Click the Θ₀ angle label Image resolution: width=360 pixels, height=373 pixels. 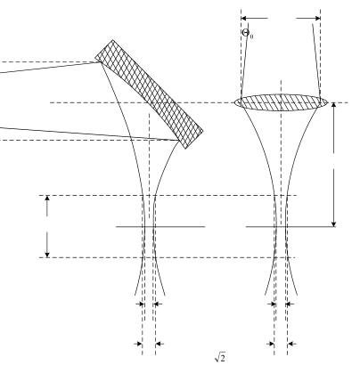click(248, 33)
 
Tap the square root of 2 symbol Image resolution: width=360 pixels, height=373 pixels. click(220, 357)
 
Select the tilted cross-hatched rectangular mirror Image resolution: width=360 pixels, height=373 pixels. click(149, 94)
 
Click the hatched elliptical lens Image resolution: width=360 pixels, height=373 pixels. click(281, 102)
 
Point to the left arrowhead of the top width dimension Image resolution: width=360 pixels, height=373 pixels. click(244, 18)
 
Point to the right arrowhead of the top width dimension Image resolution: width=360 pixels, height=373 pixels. click(317, 18)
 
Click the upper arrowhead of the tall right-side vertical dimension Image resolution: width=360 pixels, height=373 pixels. click(334, 106)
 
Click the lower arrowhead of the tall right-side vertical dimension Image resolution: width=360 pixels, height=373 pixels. click(334, 223)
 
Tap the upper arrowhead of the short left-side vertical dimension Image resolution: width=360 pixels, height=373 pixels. click(47, 199)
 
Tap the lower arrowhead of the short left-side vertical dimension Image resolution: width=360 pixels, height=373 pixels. click(47, 254)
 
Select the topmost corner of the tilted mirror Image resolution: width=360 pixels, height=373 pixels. click(112, 40)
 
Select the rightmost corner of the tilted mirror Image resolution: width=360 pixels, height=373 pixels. click(203, 131)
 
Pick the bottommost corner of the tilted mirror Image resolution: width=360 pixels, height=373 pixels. click(185, 149)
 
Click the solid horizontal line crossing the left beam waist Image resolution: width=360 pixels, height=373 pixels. click(160, 227)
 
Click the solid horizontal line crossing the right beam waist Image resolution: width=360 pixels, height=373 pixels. click(290, 227)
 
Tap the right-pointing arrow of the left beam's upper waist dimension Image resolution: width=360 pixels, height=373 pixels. click(140, 304)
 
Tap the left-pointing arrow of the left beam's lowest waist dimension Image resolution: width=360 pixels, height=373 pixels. click(160, 344)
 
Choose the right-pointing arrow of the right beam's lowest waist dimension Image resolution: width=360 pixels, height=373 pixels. click(270, 344)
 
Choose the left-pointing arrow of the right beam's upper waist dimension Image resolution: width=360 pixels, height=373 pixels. click(290, 304)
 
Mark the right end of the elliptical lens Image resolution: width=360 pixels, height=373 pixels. click(328, 102)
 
